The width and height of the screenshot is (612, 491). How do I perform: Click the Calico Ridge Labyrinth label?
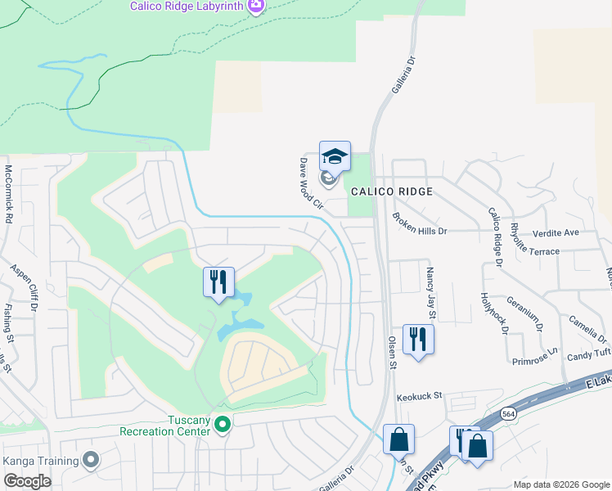pyautogui.click(x=187, y=7)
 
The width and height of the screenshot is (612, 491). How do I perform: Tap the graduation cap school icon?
pyautogui.click(x=334, y=155)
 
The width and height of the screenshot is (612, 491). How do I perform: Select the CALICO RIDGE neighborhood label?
pyautogui.click(x=391, y=191)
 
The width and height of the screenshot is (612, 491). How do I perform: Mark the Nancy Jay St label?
pyautogui.click(x=432, y=291)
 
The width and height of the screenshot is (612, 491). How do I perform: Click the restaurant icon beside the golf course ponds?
pyautogui.click(x=218, y=282)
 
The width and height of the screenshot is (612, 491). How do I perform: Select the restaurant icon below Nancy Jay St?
pyautogui.click(x=418, y=339)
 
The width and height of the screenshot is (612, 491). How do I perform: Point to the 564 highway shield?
pyautogui.click(x=508, y=413)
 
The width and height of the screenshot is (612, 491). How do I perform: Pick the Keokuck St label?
pyautogui.click(x=419, y=396)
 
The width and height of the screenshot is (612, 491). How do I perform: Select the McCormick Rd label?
pyautogui.click(x=9, y=195)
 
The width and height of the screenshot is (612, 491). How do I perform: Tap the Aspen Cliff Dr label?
pyautogui.click(x=24, y=286)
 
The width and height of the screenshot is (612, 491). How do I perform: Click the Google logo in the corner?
pyautogui.click(x=27, y=481)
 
